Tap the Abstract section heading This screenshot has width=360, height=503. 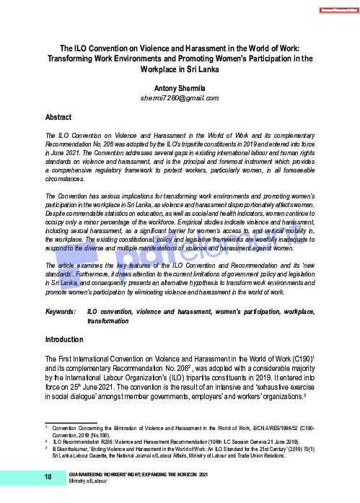click(x=58, y=116)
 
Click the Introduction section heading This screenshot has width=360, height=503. click(x=64, y=338)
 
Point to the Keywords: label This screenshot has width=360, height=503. click(x=61, y=311)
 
